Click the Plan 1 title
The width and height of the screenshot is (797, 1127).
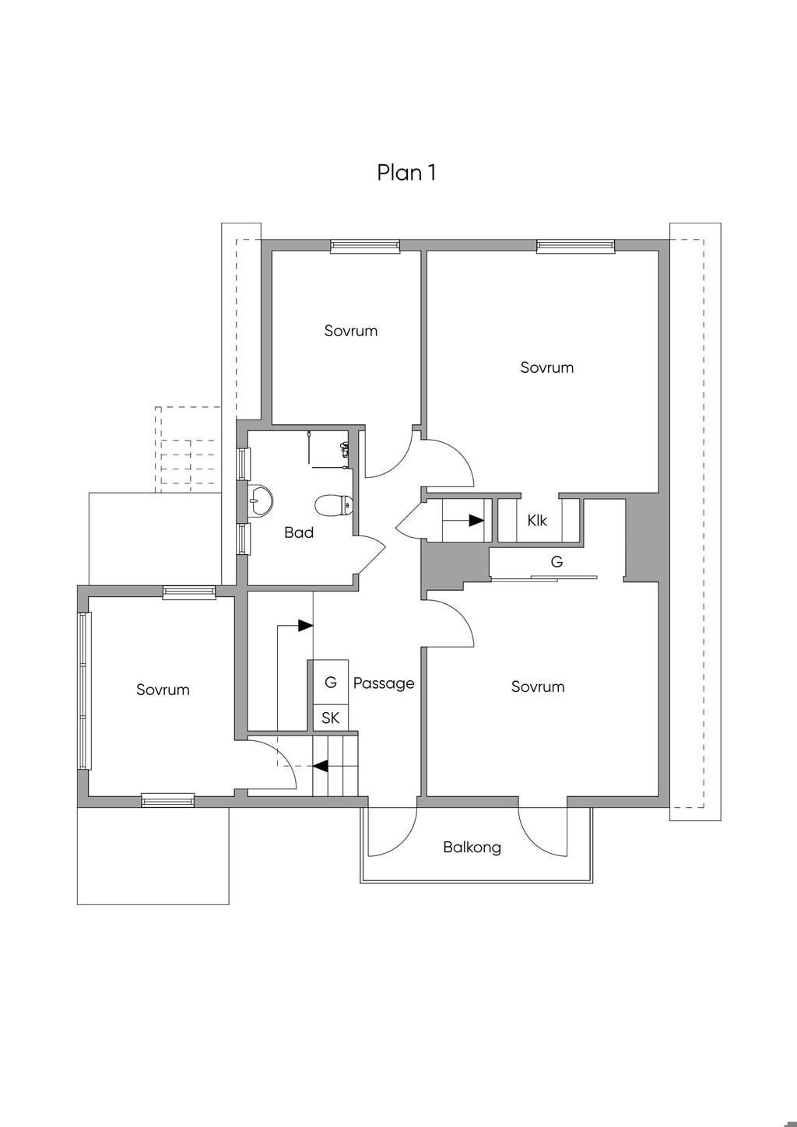406,172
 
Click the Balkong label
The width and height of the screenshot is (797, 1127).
472,847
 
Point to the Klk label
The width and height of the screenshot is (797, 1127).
537,521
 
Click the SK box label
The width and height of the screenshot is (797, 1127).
330,718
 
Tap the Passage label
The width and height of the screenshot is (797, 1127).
384,683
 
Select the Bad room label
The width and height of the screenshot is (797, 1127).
299,533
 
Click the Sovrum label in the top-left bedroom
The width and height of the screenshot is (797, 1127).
351,331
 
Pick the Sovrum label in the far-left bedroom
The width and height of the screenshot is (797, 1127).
163,690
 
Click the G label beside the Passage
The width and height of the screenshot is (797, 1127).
331,683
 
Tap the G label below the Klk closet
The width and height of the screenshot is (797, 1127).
556,561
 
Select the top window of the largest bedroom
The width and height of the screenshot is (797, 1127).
575,247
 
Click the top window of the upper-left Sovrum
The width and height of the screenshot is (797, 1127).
365,247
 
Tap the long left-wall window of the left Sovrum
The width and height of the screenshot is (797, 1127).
84,690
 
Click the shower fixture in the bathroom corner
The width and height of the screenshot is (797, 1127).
343,449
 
